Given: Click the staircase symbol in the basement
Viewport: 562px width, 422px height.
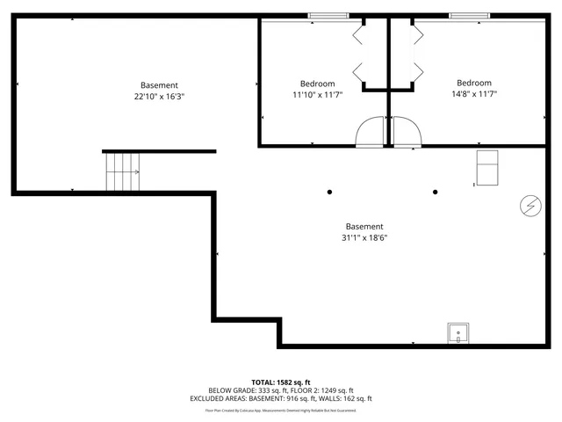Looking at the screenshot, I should click(x=123, y=171).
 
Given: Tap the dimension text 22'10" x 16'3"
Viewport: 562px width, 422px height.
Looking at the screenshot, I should click(x=159, y=97).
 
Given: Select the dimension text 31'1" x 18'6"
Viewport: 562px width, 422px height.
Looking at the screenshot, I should click(x=364, y=237).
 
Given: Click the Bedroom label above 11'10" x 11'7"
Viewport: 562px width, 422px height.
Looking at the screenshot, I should click(x=317, y=83).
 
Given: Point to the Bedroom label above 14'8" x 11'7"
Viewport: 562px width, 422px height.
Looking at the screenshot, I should click(x=474, y=83).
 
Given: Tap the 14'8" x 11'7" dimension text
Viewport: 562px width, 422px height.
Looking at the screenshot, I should click(x=474, y=94).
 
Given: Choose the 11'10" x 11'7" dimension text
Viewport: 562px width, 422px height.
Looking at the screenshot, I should click(x=317, y=94).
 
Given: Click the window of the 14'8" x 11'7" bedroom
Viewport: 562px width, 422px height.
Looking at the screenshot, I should click(x=470, y=16).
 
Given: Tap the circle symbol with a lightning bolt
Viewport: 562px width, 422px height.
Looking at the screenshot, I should click(x=530, y=205).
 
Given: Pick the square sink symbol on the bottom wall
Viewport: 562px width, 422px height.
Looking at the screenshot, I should click(x=458, y=333).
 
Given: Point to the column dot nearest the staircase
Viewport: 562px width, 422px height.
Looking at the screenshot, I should click(x=330, y=192).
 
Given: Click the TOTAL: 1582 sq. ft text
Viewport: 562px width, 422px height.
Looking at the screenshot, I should click(x=281, y=382).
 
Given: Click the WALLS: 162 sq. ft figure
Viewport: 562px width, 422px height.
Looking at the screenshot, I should click(x=349, y=399).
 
